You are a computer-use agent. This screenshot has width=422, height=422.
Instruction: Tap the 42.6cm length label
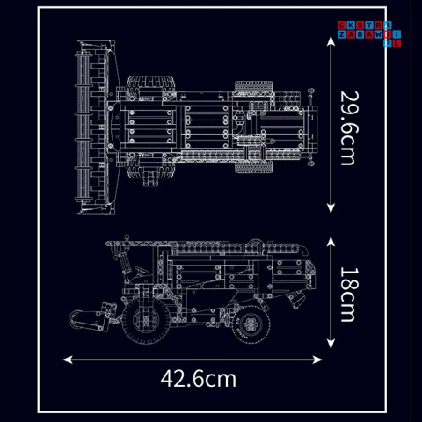(199, 379)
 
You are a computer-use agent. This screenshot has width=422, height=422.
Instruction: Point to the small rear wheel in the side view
(249, 324)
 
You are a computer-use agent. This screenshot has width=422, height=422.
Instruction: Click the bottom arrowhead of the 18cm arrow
(331, 346)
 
